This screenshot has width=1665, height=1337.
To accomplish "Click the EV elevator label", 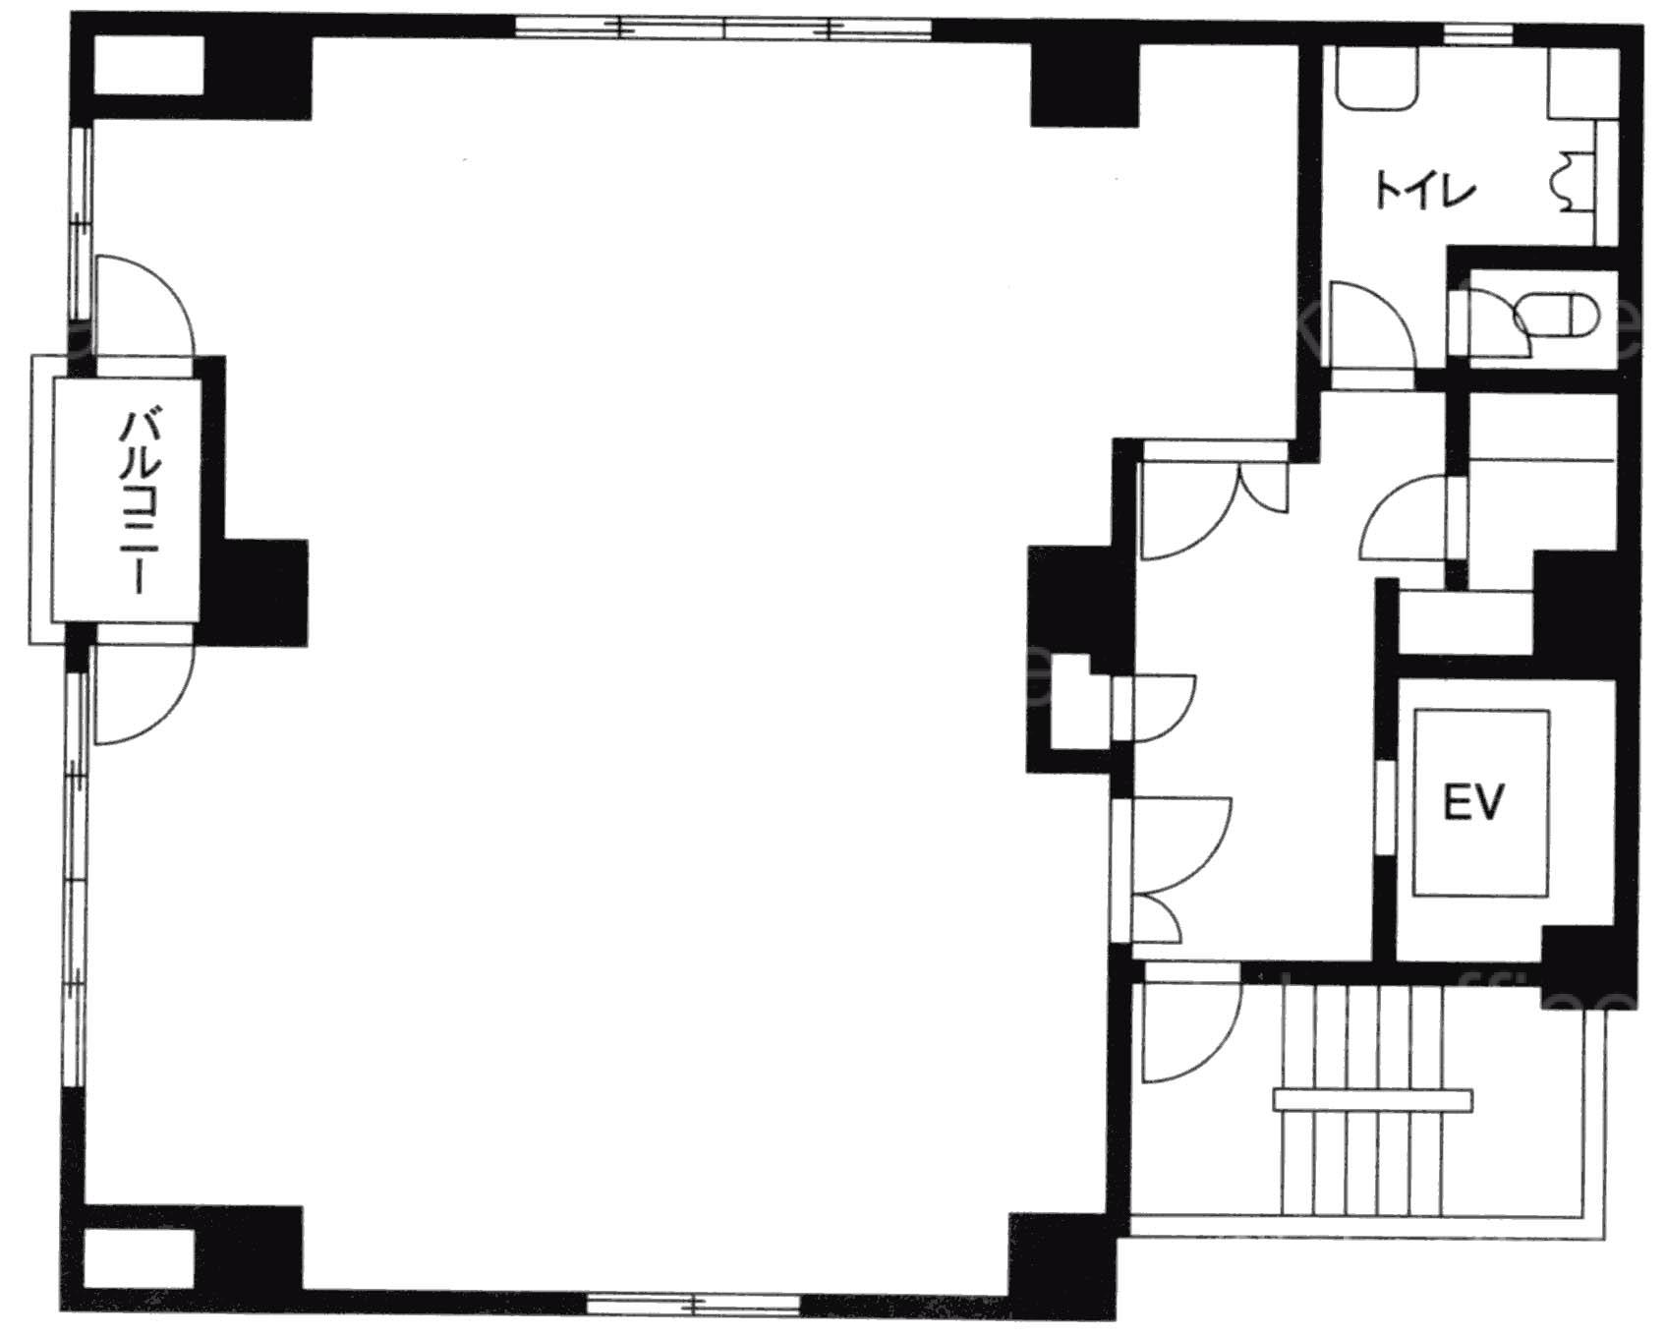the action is (1473, 802).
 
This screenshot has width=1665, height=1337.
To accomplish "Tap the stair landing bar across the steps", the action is (1373, 1099).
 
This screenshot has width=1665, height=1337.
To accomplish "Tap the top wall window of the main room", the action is (723, 28).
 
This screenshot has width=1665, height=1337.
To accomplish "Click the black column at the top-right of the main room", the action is (1084, 84).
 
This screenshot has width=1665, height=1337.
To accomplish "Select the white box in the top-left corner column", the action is (147, 66).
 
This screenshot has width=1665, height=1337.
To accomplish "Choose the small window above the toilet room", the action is (1477, 36).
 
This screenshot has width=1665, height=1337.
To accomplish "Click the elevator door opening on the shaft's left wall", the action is (1385, 808).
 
